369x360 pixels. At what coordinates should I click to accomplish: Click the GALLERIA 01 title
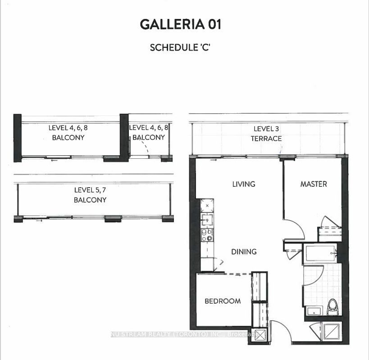coord(181,24)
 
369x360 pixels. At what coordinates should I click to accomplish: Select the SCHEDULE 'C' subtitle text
coord(180,47)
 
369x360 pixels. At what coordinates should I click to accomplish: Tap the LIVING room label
coord(244,184)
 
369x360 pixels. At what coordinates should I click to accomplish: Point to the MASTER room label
coord(314,184)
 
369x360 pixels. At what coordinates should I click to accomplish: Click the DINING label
coord(244,252)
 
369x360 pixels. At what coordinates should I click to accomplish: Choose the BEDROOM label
coord(223,301)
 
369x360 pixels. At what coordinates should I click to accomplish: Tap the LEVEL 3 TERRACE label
coord(266,134)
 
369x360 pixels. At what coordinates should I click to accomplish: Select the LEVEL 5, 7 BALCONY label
coord(91,195)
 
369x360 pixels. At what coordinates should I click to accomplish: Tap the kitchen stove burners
coord(207,235)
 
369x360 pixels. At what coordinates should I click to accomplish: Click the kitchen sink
coord(207,220)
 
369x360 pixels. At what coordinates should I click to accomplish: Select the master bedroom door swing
coord(295,228)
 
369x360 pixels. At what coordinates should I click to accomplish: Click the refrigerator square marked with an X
coord(207,205)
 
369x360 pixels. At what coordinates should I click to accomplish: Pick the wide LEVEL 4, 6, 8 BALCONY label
coord(68,133)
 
